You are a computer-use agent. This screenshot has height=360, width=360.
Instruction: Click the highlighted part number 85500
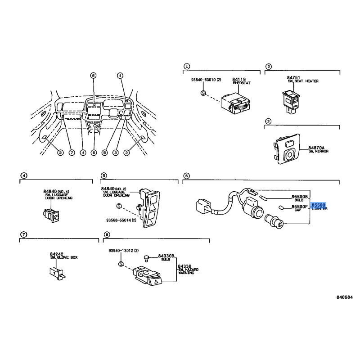319,205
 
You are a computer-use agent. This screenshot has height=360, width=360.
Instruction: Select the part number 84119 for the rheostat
238,79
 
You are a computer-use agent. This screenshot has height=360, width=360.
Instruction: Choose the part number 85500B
299,197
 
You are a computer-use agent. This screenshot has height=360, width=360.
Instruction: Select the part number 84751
293,77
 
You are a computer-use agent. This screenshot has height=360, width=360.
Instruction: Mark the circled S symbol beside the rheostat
203,92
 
